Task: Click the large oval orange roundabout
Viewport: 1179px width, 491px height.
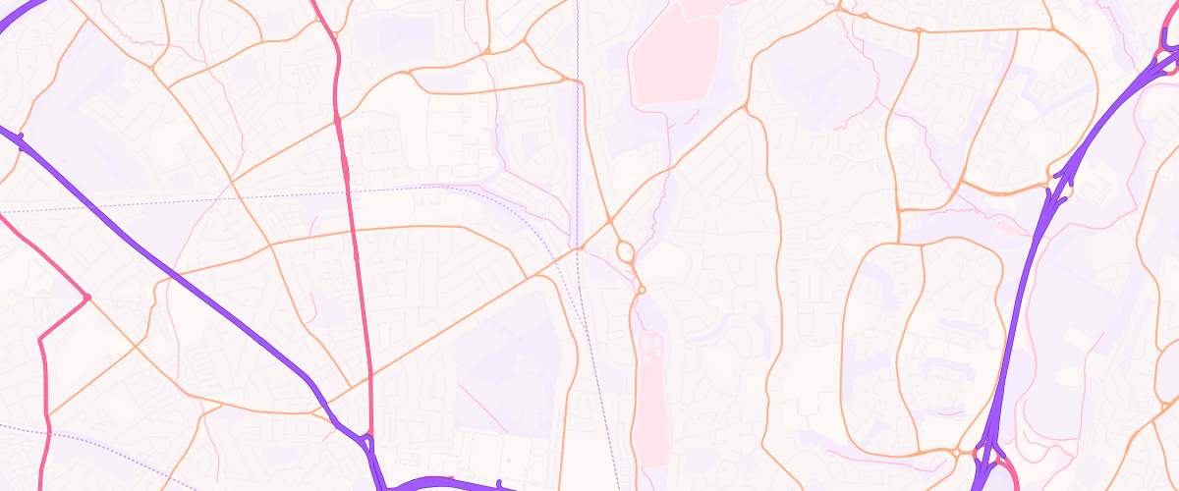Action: (625, 252)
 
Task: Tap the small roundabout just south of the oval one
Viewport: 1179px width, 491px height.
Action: (641, 290)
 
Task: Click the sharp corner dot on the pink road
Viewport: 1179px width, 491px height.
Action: (86, 297)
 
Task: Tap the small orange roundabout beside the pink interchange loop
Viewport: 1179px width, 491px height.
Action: (955, 453)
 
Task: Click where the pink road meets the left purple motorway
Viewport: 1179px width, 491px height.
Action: (369, 437)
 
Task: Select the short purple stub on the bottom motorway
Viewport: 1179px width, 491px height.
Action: (500, 483)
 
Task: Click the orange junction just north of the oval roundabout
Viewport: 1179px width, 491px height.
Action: (610, 218)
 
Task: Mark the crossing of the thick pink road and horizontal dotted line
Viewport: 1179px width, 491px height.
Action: (350, 188)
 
